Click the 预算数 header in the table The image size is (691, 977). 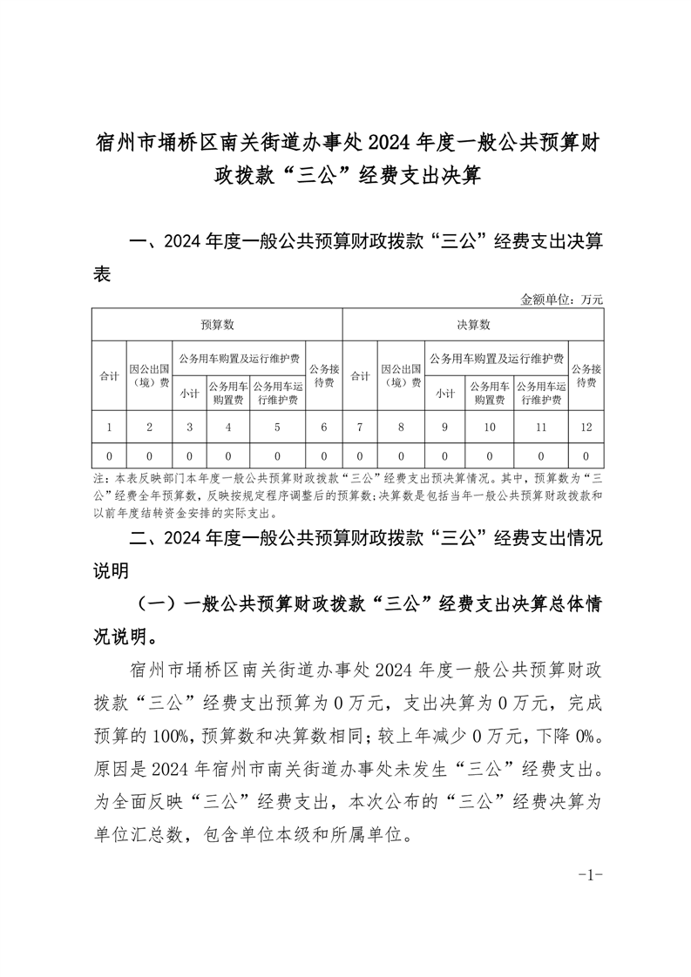217,325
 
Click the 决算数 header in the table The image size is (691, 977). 473,325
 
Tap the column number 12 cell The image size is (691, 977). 586,428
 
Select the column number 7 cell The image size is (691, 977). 360,428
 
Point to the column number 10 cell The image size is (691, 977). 490,428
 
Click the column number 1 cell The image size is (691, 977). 109,428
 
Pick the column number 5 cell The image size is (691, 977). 278,428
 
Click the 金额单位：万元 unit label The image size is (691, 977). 561,299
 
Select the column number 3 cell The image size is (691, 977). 189,428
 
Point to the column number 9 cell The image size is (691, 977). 444,428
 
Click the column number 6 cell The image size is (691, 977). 324,428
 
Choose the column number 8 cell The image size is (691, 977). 401,428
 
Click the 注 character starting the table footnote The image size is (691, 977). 97,479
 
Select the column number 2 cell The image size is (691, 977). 150,428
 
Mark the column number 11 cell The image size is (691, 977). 541,428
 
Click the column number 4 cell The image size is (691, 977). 228,428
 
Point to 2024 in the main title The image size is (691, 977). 392,141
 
